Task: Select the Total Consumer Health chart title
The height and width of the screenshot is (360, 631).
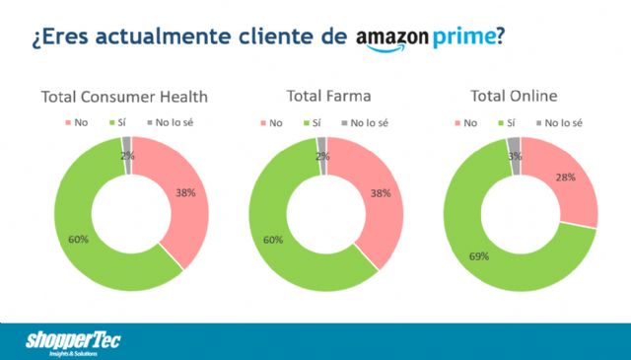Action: pyautogui.click(x=124, y=97)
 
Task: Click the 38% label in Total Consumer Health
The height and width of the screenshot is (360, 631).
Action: pyautogui.click(x=185, y=192)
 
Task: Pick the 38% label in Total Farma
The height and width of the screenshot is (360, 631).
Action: pyautogui.click(x=380, y=193)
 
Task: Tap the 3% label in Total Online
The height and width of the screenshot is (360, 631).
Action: pyautogui.click(x=514, y=154)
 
